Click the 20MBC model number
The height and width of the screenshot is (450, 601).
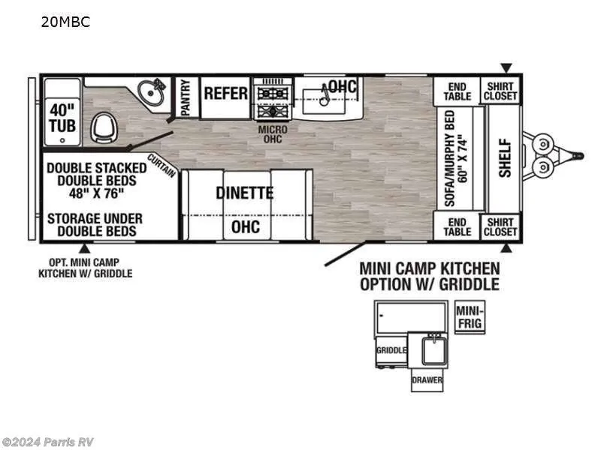click(x=65, y=22)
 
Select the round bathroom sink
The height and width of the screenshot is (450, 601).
click(x=151, y=92)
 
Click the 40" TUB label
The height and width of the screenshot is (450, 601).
click(x=62, y=118)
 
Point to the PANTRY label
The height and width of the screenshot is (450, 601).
click(x=186, y=97)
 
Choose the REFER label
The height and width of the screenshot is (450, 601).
click(x=226, y=93)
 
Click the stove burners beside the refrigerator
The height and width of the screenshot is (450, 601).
click(x=273, y=102)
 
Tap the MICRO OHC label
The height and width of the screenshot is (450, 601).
click(x=273, y=134)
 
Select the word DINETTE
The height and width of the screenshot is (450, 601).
click(x=245, y=193)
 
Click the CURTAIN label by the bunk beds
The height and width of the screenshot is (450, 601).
click(x=162, y=165)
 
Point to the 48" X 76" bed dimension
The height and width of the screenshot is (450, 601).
click(x=97, y=193)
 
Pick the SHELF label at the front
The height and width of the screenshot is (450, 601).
click(x=505, y=157)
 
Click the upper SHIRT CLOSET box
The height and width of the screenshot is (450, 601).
click(x=500, y=91)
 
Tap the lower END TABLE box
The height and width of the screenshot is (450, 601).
click(x=458, y=226)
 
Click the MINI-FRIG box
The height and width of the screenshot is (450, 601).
click(x=470, y=317)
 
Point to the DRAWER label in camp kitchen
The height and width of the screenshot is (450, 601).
click(x=427, y=380)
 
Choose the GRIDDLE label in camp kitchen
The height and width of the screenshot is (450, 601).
click(x=391, y=350)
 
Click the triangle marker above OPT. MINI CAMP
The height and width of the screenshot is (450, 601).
click(x=85, y=249)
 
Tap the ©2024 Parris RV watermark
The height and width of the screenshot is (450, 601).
click(x=47, y=442)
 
